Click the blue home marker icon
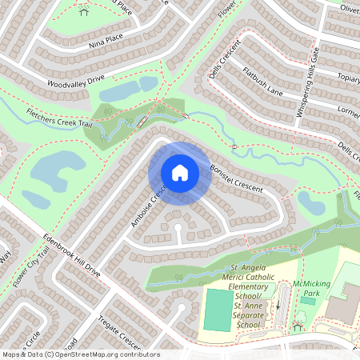click(180, 173)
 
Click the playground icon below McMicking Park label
click(298, 326)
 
